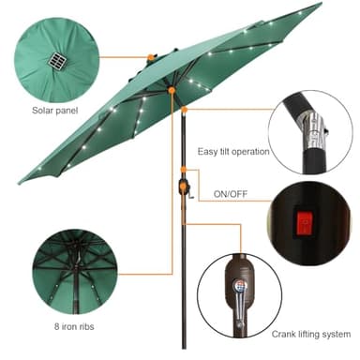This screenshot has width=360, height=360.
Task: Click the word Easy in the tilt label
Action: pos(208,150)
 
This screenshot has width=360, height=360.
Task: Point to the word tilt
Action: pos(229,150)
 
